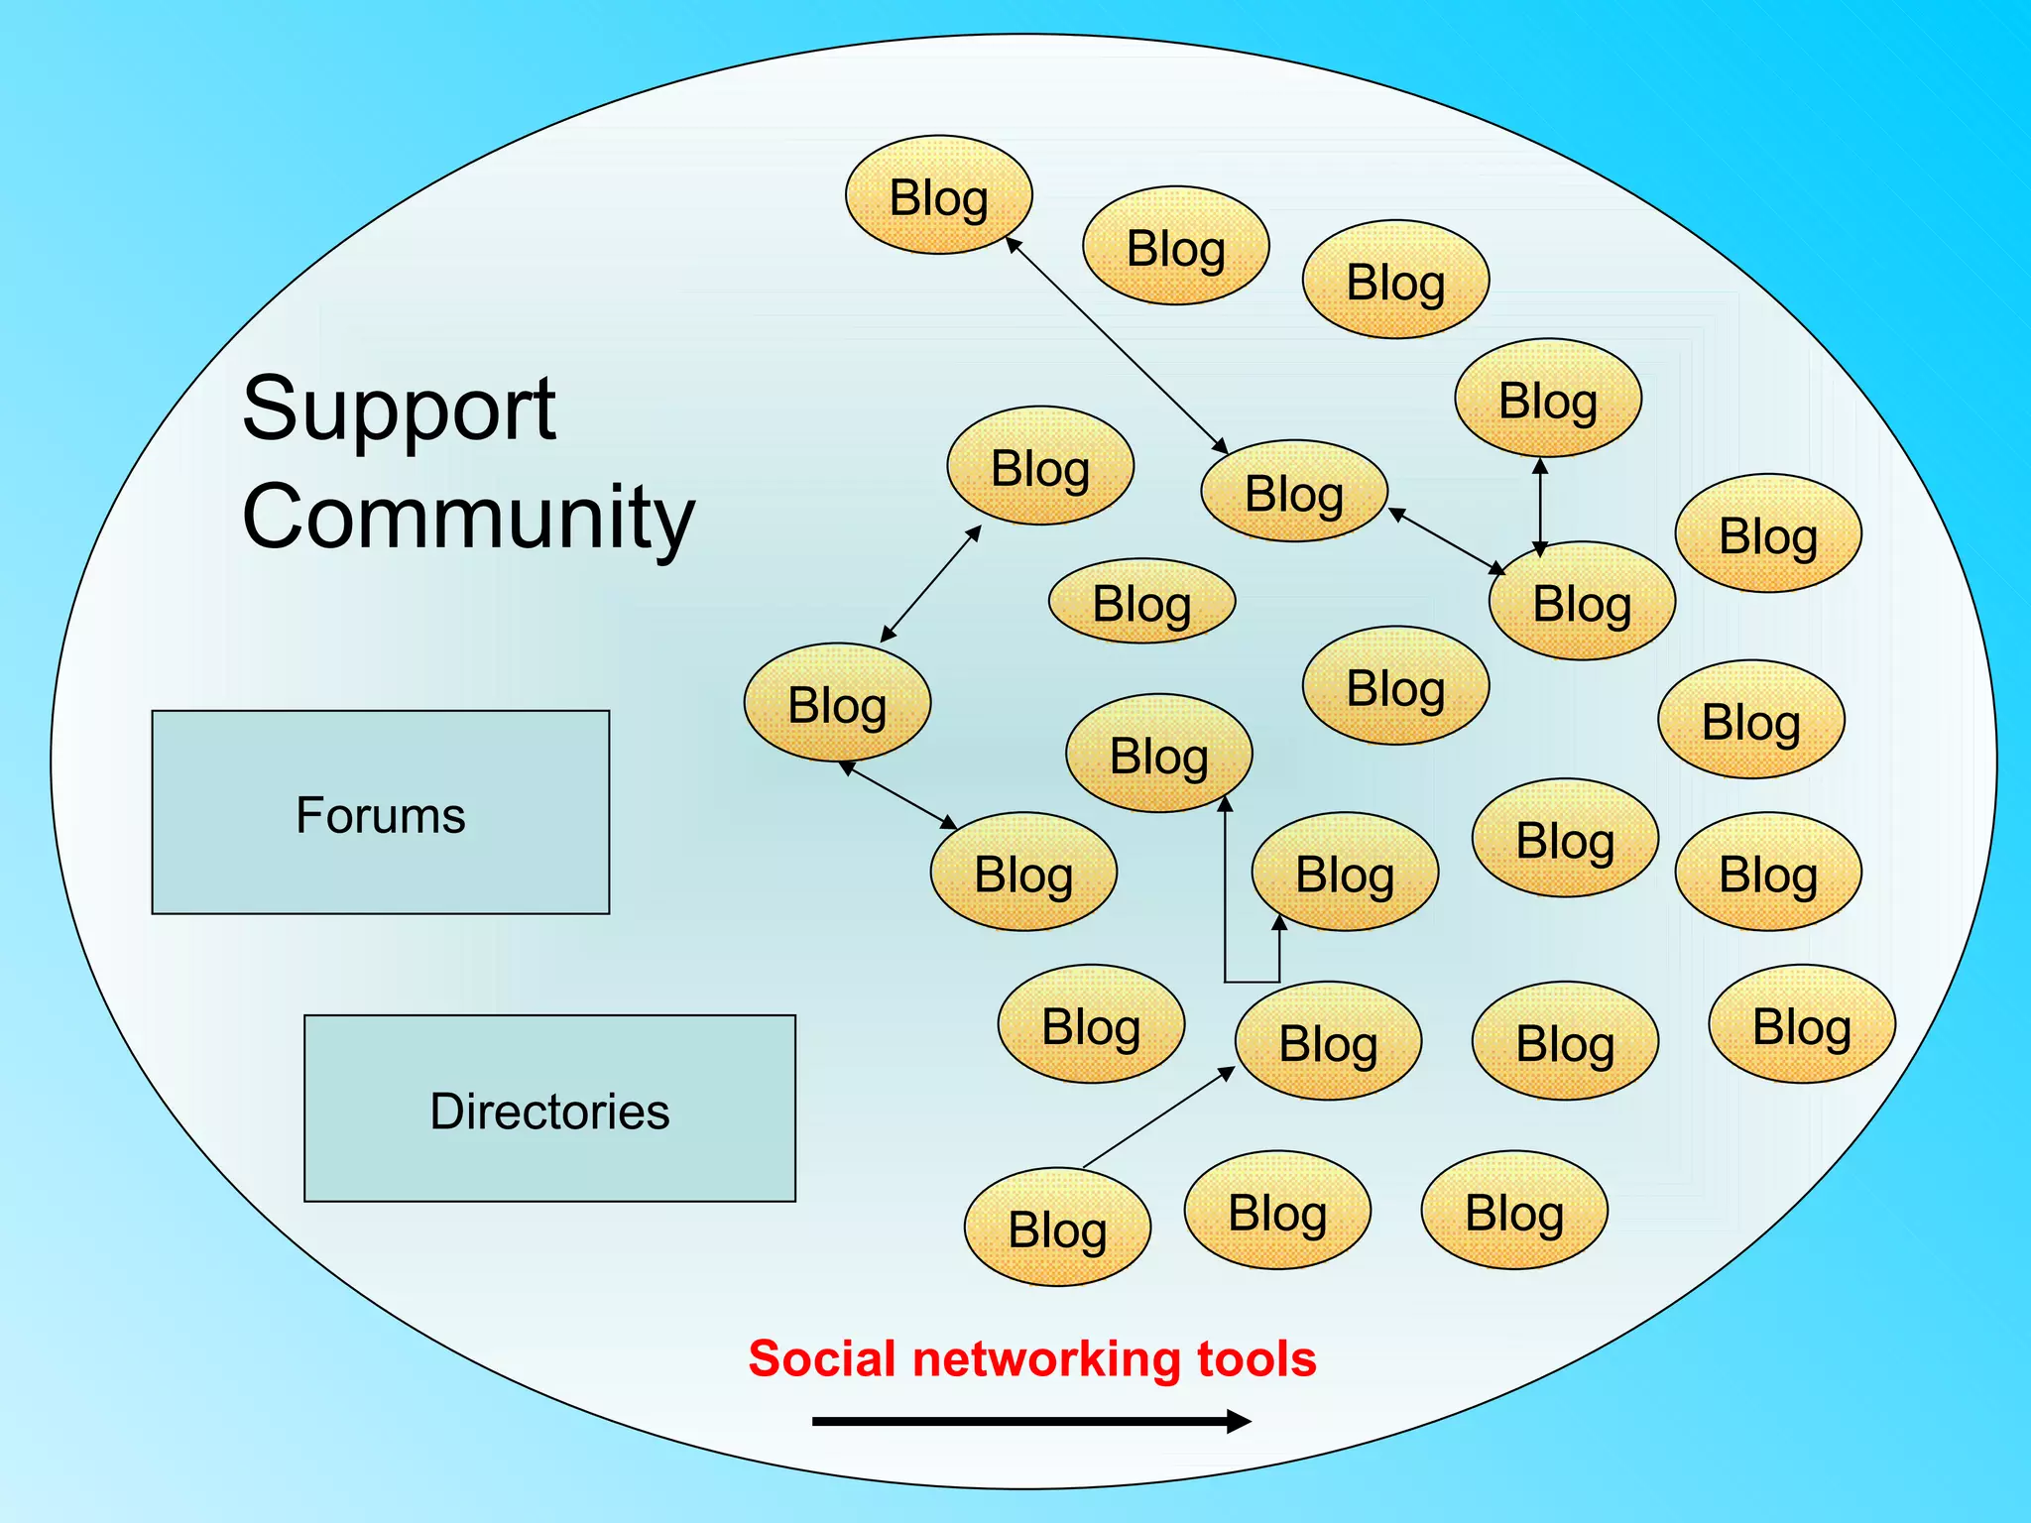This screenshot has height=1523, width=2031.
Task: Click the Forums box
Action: click(380, 812)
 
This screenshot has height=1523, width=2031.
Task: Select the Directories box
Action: click(549, 1109)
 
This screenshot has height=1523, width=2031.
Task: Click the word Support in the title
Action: click(399, 409)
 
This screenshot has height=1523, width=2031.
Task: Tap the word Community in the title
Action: click(468, 517)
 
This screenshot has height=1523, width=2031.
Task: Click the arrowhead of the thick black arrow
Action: click(1239, 1422)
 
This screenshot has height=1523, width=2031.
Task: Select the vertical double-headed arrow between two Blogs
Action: click(1540, 507)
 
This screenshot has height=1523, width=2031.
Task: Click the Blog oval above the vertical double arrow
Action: click(1547, 399)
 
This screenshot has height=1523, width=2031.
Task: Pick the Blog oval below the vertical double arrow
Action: click(1582, 601)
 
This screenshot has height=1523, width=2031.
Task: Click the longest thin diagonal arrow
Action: click(1118, 346)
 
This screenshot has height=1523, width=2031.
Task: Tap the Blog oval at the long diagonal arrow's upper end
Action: click(938, 195)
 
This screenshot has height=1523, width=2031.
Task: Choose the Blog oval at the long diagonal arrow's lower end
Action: click(1293, 491)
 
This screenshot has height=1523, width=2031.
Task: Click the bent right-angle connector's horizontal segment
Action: click(1252, 982)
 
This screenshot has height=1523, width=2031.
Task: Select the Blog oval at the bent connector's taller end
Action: click(1158, 754)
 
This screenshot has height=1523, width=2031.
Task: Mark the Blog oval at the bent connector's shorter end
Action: click(1345, 872)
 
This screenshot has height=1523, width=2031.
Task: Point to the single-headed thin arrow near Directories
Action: click(1158, 1117)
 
